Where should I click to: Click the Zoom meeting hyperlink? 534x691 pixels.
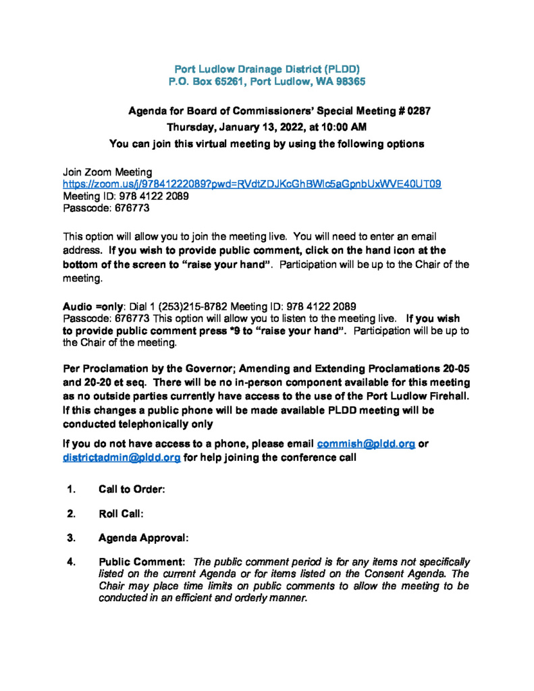point(252,184)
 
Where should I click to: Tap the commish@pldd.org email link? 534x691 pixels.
point(365,443)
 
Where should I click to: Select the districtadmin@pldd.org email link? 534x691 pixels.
point(122,457)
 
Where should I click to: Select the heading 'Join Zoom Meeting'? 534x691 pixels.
point(107,172)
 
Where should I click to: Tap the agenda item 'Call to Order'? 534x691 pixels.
point(132,489)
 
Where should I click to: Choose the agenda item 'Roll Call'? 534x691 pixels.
point(121,514)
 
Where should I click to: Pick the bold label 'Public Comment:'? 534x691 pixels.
point(142,562)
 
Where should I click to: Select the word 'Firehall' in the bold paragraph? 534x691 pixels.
point(439,395)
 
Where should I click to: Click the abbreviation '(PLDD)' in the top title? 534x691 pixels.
point(342,69)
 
